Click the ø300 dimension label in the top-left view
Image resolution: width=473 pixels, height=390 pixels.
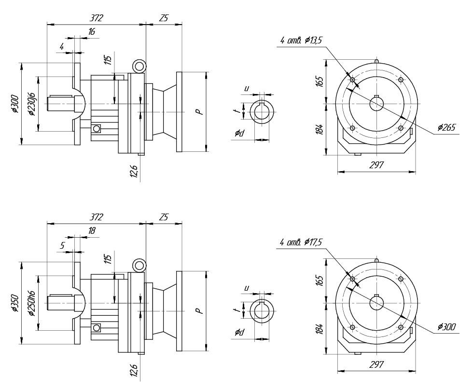click(15, 104)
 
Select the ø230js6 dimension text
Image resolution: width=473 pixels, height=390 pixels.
click(31, 104)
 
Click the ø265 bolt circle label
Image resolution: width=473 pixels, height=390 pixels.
click(446, 128)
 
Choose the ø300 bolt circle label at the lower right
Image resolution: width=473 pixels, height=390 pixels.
click(446, 327)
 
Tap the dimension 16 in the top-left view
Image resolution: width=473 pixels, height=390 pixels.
click(91, 32)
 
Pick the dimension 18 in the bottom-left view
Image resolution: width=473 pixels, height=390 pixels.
click(91, 231)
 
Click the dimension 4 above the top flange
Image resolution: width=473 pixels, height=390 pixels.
click(62, 46)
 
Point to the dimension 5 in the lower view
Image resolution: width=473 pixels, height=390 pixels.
click(62, 245)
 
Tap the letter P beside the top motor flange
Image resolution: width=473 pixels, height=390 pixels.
click(198, 111)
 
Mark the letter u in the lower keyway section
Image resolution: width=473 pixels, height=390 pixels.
click(246, 288)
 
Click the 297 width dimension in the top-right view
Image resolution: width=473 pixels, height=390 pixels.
click(376, 165)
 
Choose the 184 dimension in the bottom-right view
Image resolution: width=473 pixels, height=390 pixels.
click(320, 329)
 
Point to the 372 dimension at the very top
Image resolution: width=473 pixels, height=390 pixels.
click(97, 18)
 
